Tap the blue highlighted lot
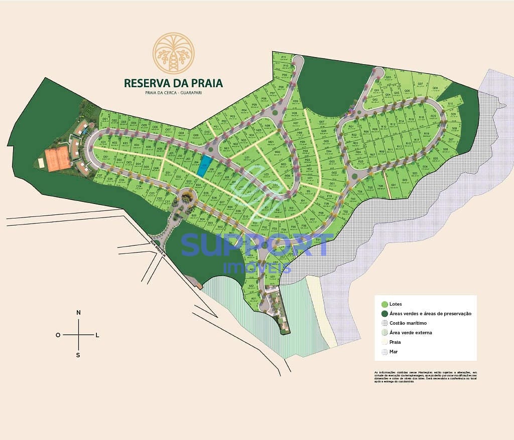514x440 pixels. click(x=203, y=166)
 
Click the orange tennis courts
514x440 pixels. click(x=57, y=157)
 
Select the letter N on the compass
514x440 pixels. click(x=78, y=313)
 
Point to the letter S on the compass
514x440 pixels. click(x=78, y=355)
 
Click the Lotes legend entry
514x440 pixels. click(x=395, y=304)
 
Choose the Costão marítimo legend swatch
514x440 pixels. click(x=384, y=323)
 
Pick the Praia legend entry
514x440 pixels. click(x=395, y=342)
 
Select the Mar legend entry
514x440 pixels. click(x=393, y=352)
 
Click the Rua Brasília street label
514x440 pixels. click(x=158, y=249)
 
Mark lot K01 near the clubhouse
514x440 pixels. click(x=103, y=142)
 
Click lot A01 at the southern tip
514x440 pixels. click(x=254, y=299)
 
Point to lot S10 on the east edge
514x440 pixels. click(x=450, y=104)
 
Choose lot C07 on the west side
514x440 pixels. click(x=99, y=176)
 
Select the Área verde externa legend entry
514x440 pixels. click(x=410, y=333)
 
